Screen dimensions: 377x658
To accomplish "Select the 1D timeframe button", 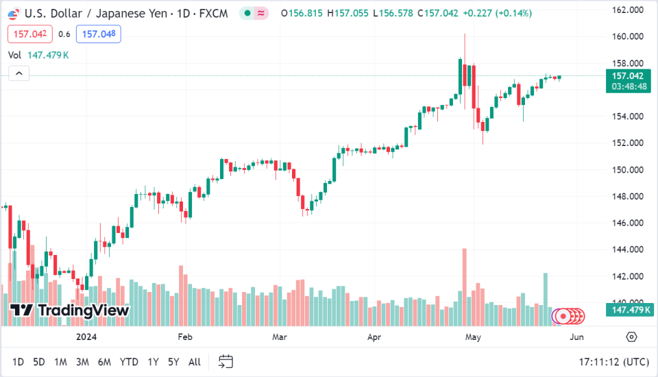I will (19, 361).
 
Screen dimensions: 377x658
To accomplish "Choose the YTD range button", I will (129, 361).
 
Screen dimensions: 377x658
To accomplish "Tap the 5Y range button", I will (174, 361).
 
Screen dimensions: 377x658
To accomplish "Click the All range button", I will (195, 361).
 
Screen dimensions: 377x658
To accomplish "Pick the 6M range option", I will (105, 361).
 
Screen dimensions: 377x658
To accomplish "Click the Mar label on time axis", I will (279, 337).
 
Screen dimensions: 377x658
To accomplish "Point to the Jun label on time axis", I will (576, 337).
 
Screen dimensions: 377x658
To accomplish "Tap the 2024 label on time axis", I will (87, 337).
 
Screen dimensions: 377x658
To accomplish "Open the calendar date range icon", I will (226, 361).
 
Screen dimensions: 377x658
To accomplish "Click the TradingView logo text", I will (70, 311).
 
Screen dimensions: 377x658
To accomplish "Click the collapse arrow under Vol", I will (19, 73).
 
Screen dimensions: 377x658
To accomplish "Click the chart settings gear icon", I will (631, 337).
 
